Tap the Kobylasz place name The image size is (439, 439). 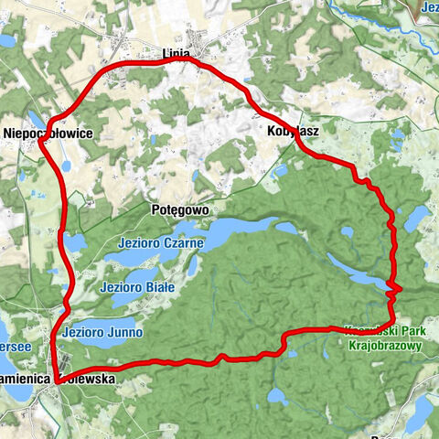tap(293, 132)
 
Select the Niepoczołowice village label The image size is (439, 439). tap(48, 133)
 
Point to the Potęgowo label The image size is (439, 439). tap(179, 209)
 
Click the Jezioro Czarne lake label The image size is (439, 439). tap(159, 242)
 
